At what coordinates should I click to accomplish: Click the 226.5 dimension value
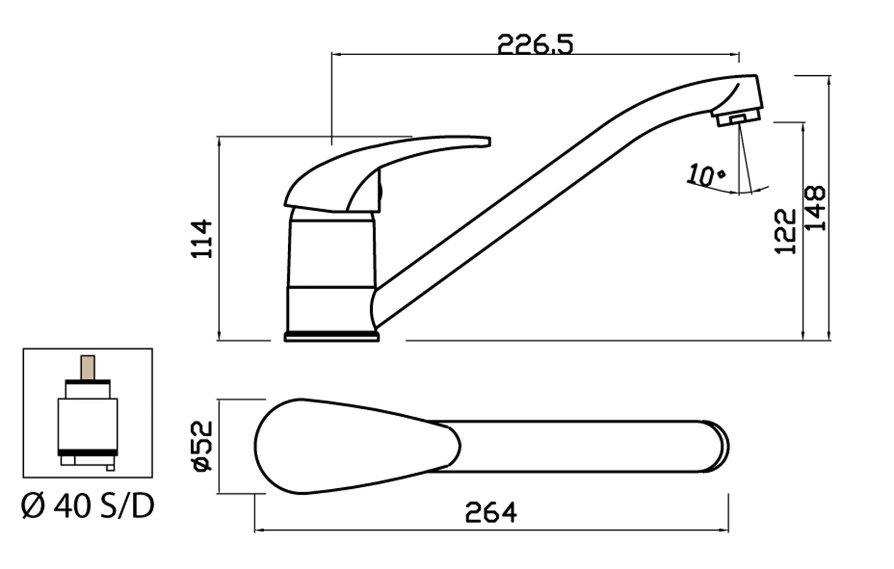click(535, 44)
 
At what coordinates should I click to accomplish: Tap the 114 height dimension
click(202, 239)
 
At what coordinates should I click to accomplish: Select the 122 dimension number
click(785, 231)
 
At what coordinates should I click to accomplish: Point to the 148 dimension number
click(814, 208)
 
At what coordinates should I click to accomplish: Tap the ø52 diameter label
click(203, 447)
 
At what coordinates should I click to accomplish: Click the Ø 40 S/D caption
click(87, 506)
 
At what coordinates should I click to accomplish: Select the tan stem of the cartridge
click(88, 367)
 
